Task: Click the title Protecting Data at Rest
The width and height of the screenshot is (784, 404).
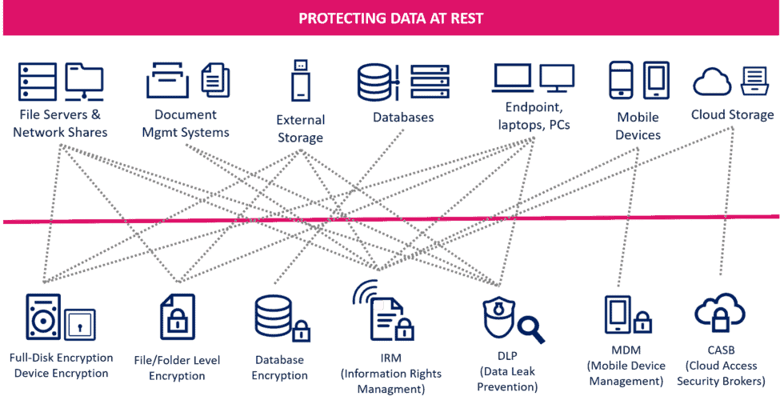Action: pyautogui.click(x=390, y=18)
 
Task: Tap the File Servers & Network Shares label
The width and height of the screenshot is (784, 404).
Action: pyautogui.click(x=60, y=123)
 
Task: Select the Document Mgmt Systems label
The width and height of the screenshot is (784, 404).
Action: pyautogui.click(x=186, y=124)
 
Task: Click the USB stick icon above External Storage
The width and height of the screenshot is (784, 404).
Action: pyautogui.click(x=300, y=80)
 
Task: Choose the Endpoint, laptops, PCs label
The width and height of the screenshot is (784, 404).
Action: pyautogui.click(x=534, y=116)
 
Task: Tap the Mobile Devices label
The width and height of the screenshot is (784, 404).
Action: pyautogui.click(x=638, y=126)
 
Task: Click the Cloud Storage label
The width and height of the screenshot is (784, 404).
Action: pyautogui.click(x=732, y=114)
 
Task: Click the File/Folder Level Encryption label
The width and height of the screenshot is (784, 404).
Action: pyautogui.click(x=177, y=368)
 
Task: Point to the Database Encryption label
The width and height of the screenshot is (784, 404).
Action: pyautogui.click(x=280, y=368)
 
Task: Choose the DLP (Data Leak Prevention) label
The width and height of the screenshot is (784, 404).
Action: pyautogui.click(x=507, y=372)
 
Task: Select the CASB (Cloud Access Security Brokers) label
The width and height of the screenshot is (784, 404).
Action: pyautogui.click(x=721, y=366)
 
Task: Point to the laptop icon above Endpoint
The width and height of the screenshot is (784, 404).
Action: pyautogui.click(x=512, y=78)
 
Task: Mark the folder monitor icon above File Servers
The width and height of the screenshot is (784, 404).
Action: pyautogui.click(x=84, y=81)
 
